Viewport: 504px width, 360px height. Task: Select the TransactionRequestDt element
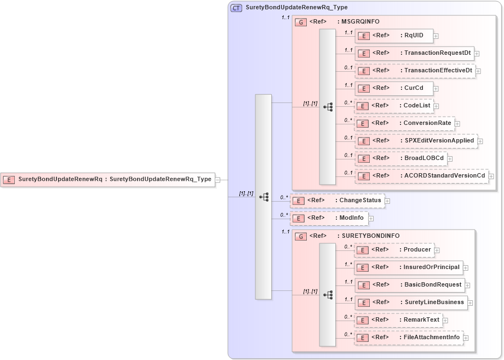(x=414, y=53)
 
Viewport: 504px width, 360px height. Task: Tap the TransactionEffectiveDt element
(x=415, y=71)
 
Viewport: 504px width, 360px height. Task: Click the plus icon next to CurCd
(x=436, y=88)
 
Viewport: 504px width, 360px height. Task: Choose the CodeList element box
(x=394, y=106)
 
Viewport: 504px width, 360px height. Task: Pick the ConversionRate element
(x=404, y=123)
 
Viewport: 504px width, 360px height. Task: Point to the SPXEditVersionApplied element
(x=416, y=141)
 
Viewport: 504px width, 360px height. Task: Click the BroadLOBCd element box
(x=400, y=158)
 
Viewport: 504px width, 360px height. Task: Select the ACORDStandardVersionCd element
(x=421, y=176)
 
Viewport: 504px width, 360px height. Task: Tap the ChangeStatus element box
(x=337, y=201)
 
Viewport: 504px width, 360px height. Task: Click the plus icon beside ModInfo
(x=371, y=219)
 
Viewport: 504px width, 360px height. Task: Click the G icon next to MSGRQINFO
(x=301, y=22)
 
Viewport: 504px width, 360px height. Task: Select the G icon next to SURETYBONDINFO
(x=301, y=236)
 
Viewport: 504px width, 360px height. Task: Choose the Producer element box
(x=394, y=250)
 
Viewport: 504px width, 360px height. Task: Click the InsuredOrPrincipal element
(x=409, y=267)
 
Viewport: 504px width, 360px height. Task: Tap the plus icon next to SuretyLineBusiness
(x=470, y=303)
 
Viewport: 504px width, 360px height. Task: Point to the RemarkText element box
(x=398, y=320)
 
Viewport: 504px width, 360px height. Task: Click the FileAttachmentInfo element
(x=409, y=338)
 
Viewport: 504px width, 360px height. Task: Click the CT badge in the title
(x=237, y=8)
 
